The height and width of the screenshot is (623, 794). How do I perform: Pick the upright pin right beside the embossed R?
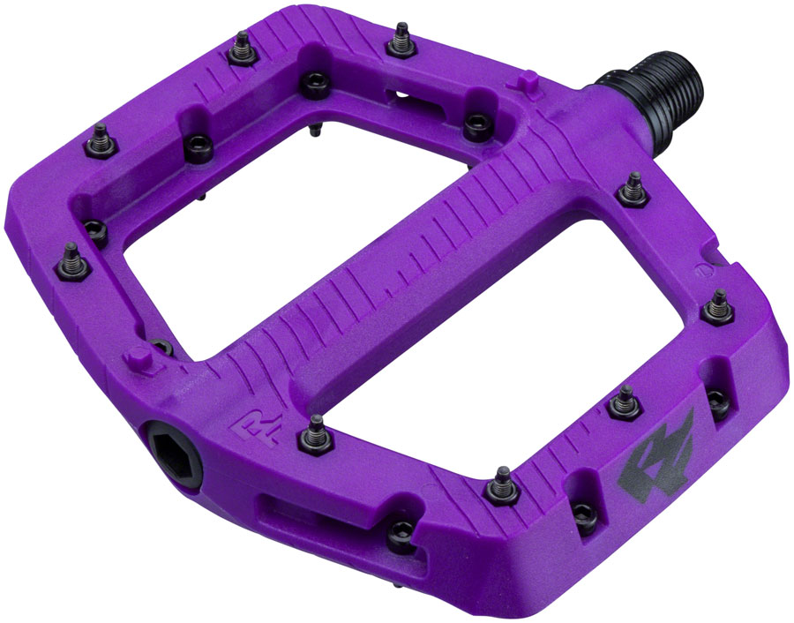(314, 431)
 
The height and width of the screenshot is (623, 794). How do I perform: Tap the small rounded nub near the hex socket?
(135, 360)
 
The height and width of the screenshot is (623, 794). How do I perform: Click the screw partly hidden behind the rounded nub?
(161, 347)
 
